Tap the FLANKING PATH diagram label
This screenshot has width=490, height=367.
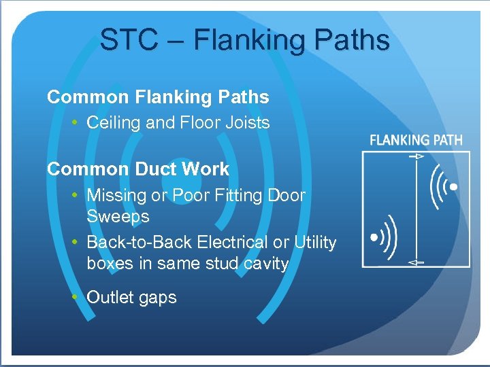click(x=415, y=141)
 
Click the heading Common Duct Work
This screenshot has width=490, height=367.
click(x=138, y=169)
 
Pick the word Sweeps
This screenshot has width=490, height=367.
click(x=118, y=217)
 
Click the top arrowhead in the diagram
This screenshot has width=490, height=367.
click(x=416, y=156)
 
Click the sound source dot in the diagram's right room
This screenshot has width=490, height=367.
click(x=454, y=186)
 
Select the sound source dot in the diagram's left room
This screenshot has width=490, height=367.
click(x=373, y=238)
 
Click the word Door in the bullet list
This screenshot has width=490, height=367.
click(x=289, y=196)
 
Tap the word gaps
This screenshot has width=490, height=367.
click(x=159, y=298)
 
